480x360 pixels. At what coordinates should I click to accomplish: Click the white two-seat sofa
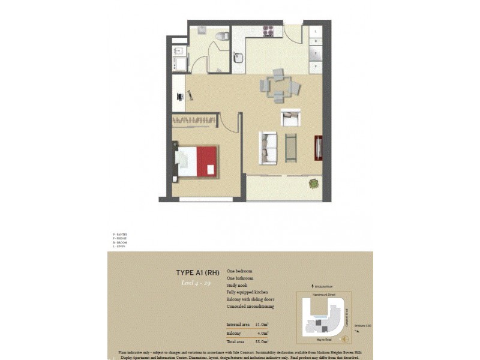(268, 148)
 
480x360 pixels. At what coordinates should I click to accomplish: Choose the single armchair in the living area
(290, 118)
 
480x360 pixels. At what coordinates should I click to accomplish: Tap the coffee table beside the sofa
(291, 148)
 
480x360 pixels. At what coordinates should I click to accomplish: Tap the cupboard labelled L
(316, 31)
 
